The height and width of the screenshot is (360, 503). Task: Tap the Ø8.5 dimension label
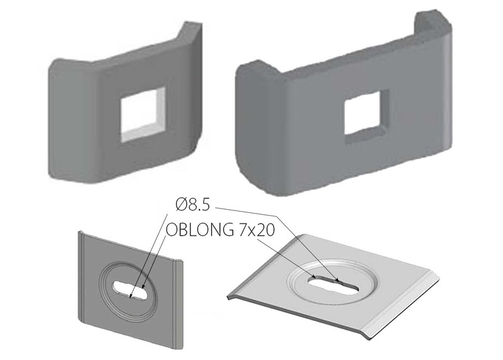tap(195, 205)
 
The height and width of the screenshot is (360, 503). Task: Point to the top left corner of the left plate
tap(79, 234)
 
